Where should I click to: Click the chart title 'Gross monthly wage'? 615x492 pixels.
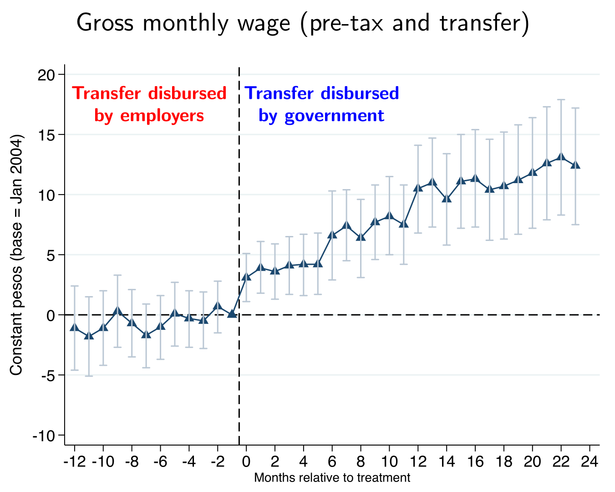coord(303,23)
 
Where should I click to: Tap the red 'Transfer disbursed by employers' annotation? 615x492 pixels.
coord(149,104)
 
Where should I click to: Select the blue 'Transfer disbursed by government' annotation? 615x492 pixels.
coord(322,104)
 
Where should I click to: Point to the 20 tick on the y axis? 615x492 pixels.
coord(46,75)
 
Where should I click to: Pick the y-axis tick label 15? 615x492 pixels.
coord(46,135)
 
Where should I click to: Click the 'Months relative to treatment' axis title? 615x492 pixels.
coord(332,478)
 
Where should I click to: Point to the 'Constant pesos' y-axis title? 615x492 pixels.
coord(16,255)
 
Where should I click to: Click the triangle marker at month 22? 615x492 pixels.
coord(561,157)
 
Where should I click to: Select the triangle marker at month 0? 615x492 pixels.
coord(246,277)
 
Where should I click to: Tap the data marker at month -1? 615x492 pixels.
coord(232,314)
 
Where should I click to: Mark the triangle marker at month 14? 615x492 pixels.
coord(447,198)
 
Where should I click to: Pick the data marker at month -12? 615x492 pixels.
coord(75,327)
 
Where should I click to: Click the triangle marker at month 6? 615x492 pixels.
coord(332,235)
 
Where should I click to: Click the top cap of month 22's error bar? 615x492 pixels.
coord(561,99)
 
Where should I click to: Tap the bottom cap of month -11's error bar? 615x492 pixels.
coord(89,376)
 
